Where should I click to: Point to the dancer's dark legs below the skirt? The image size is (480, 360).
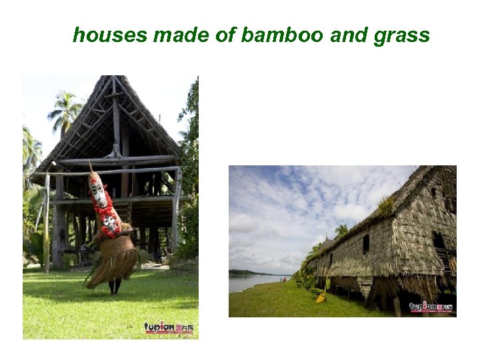pos(115,285)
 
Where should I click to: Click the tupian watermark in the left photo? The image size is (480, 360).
pos(169,327)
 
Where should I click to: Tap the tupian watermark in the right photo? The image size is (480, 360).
pos(431,307)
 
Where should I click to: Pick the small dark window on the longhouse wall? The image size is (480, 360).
pos(365,245)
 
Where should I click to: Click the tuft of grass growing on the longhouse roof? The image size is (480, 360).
pos(386,204)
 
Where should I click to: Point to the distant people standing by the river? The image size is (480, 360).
pos(283,279)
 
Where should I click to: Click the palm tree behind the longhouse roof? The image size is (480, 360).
pos(341,231)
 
